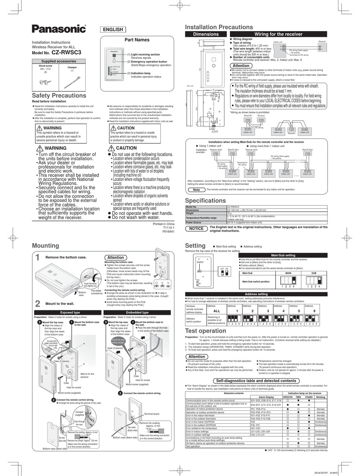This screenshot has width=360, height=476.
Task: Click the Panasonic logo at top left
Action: (x=59, y=29)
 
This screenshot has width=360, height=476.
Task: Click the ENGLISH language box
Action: (x=113, y=30)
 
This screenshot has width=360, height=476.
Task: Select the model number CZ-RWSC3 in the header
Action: (x=66, y=53)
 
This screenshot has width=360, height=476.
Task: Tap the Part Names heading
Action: (x=137, y=40)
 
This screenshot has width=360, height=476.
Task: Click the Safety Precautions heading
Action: (x=59, y=96)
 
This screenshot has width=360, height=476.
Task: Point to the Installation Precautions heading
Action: (x=219, y=27)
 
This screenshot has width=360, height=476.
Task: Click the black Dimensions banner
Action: (x=206, y=34)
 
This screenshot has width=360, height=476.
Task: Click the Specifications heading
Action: (x=205, y=200)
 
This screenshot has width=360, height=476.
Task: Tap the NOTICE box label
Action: (x=196, y=229)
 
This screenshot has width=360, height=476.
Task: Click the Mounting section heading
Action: (x=45, y=246)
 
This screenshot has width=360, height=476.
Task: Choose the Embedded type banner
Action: (x=137, y=312)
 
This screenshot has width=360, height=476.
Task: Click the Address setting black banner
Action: (x=256, y=294)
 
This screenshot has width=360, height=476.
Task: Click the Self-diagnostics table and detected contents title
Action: (x=256, y=380)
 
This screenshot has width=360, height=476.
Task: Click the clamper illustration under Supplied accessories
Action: (x=72, y=81)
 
